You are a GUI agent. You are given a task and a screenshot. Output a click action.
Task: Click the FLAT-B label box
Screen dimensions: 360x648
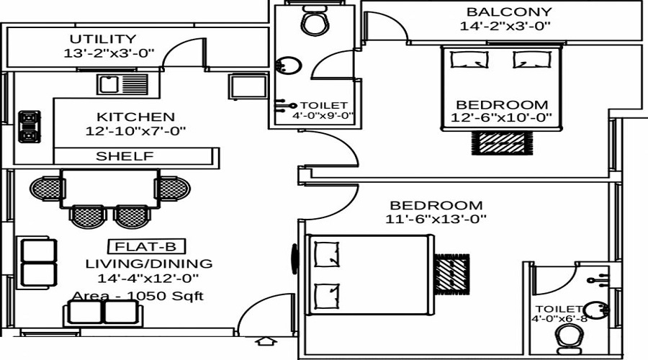click(x=139, y=246)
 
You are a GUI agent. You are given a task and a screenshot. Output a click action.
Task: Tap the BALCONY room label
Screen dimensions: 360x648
click(x=509, y=12)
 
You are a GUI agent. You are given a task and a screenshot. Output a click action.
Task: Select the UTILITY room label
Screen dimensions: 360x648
click(x=103, y=39)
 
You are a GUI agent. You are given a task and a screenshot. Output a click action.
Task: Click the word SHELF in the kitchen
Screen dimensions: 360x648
click(x=125, y=156)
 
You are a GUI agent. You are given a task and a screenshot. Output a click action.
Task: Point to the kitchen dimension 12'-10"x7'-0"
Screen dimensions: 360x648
click(x=135, y=132)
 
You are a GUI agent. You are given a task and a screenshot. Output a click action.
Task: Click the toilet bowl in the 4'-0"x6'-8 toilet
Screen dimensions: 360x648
click(x=570, y=337)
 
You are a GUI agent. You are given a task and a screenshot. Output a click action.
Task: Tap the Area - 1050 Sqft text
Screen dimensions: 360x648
click(x=138, y=296)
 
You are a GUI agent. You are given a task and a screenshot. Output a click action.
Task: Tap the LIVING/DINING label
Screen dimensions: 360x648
click(x=149, y=264)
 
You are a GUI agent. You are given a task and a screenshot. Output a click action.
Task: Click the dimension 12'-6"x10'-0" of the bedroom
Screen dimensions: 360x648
click(x=501, y=118)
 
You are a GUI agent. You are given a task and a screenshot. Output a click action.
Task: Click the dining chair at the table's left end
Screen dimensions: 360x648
click(x=45, y=188)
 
